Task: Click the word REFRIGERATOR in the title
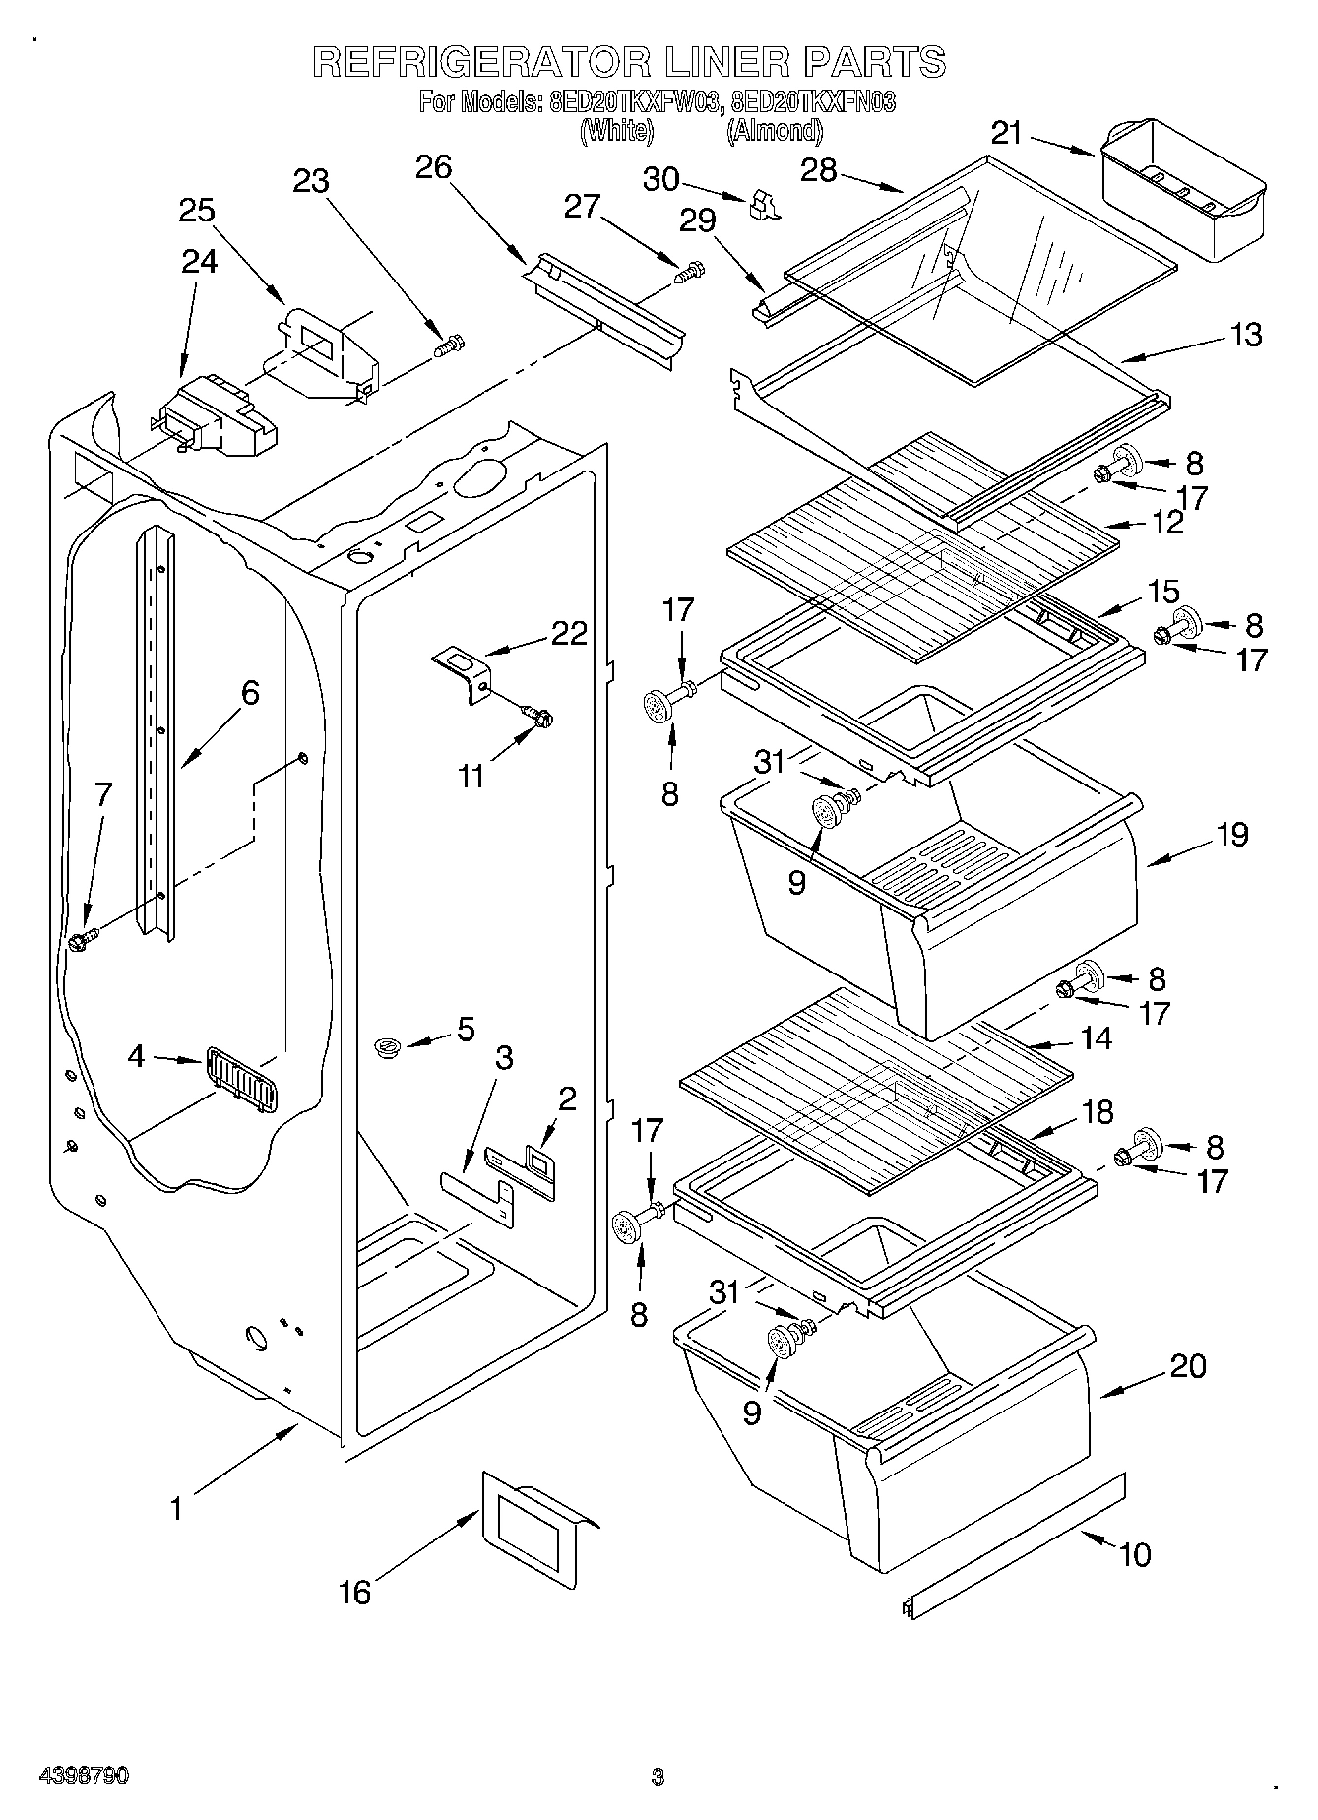(x=481, y=62)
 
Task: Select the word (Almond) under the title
(x=774, y=130)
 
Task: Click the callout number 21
(x=1007, y=133)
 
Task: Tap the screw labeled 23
(x=450, y=345)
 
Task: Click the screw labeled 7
(x=83, y=939)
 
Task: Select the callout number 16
(x=355, y=1592)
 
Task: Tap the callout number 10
(x=1134, y=1554)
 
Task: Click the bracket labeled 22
(x=462, y=672)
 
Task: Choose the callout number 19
(x=1231, y=834)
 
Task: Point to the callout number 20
(x=1188, y=1365)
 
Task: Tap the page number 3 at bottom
(x=658, y=1777)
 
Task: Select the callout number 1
(x=176, y=1507)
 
